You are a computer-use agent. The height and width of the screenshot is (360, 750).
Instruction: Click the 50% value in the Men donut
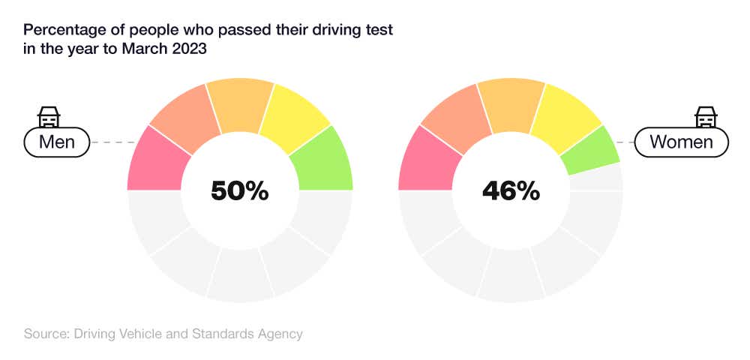[240, 190]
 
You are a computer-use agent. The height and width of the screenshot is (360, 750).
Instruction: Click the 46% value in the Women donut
[511, 190]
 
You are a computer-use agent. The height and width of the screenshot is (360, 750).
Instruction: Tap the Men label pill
[57, 141]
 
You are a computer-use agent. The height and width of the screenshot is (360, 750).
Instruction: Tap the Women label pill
[681, 141]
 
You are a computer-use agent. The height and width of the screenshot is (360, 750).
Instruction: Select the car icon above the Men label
[49, 116]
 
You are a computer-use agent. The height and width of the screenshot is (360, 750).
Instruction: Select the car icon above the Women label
[705, 116]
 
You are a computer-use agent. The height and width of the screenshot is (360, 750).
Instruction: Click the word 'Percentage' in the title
[63, 31]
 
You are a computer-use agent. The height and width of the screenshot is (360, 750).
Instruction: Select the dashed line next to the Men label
[112, 141]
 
